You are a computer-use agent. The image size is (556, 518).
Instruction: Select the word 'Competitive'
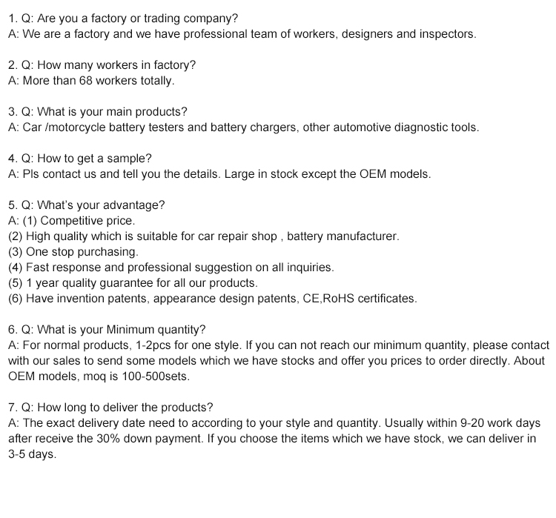tap(71, 221)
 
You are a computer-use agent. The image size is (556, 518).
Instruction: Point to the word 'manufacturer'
tap(363, 236)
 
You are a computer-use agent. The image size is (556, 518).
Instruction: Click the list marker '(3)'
tap(16, 252)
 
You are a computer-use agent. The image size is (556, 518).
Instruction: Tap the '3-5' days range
tap(18, 454)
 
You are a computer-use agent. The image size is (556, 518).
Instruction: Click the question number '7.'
tap(12, 407)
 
